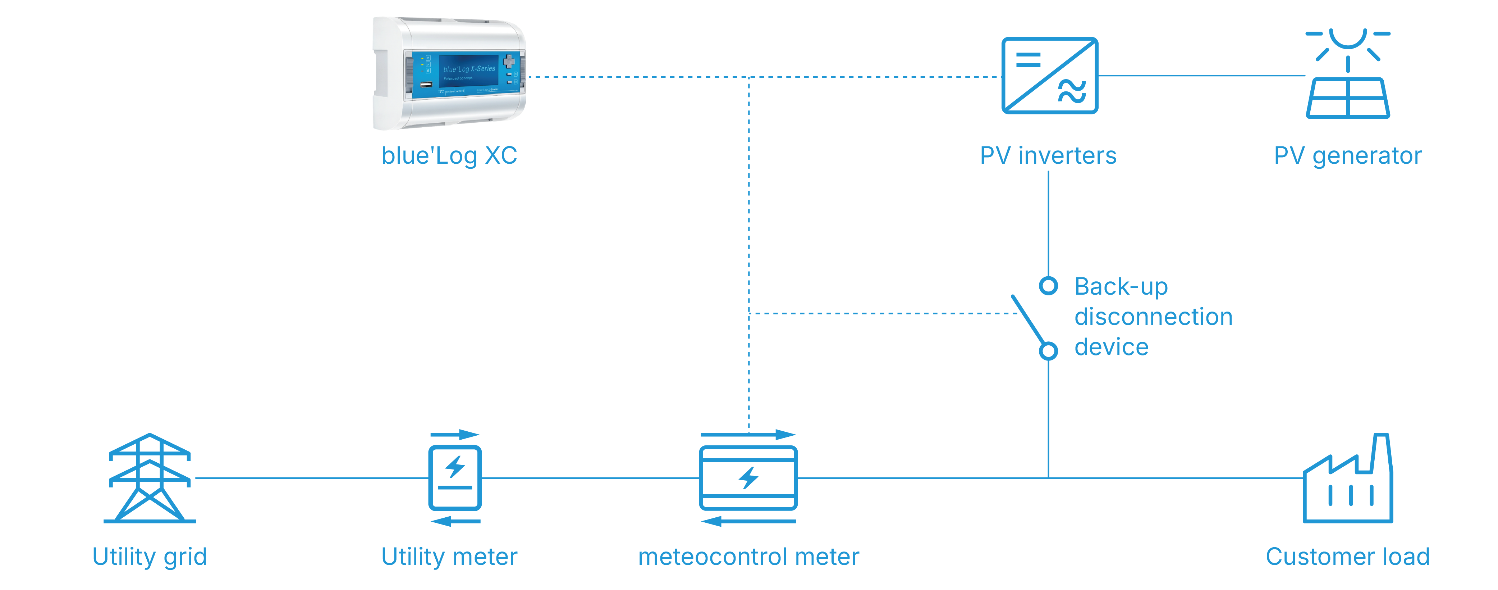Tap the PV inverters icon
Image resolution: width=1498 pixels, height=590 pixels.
point(1049,76)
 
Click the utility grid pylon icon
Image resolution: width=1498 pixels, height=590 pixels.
point(150,478)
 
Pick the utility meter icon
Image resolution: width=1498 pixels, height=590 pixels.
point(455,478)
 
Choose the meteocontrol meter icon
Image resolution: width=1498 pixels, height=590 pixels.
point(748,478)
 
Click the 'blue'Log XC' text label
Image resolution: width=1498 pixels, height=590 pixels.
point(449,156)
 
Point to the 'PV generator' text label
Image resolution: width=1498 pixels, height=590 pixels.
point(1347,156)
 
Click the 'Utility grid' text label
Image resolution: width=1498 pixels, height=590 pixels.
point(150,557)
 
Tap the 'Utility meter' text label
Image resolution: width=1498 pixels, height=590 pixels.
point(449,557)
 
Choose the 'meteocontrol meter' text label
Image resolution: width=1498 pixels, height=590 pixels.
point(748,557)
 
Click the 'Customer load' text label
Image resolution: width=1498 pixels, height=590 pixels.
point(1347,557)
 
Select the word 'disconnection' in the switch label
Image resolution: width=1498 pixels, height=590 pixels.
point(1153,317)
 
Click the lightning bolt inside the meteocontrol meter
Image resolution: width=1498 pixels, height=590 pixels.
point(748,478)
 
